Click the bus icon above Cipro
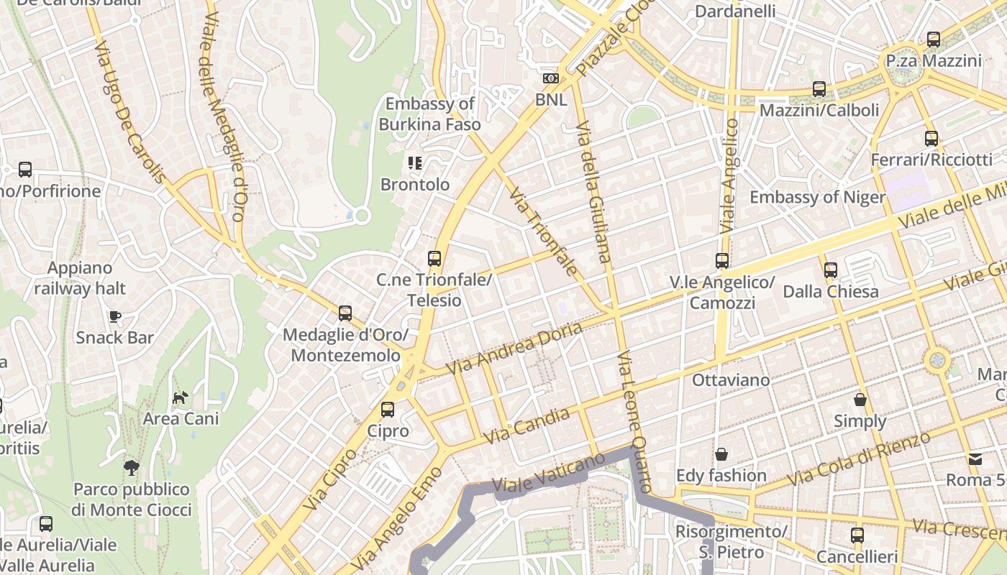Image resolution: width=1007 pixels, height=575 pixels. (388, 410)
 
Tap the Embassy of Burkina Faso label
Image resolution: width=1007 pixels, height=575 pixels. (429, 114)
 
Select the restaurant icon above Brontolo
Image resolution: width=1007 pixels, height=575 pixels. (414, 163)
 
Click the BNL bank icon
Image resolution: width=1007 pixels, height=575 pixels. (550, 78)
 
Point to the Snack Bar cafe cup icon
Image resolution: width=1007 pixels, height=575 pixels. (114, 316)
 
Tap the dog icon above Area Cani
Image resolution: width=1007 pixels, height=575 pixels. (180, 397)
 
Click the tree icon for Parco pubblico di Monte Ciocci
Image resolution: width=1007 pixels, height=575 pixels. (131, 468)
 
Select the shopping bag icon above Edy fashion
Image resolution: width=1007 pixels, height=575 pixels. (721, 454)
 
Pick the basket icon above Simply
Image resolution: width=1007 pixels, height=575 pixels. (860, 400)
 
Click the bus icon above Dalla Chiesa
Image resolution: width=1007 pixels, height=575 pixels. (831, 270)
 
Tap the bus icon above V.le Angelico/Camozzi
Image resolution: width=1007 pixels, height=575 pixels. (722, 261)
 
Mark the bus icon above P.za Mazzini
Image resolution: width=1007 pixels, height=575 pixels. (934, 40)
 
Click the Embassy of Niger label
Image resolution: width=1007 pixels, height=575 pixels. (817, 197)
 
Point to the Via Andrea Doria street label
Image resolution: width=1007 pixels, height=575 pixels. (514, 348)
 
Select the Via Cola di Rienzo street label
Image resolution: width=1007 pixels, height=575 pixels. (859, 459)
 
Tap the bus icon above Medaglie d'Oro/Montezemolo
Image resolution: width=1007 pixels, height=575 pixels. (345, 313)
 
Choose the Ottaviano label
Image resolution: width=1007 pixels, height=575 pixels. (731, 379)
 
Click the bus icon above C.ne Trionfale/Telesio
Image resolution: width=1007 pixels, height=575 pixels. (434, 259)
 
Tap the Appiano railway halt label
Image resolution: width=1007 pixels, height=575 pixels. (80, 278)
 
